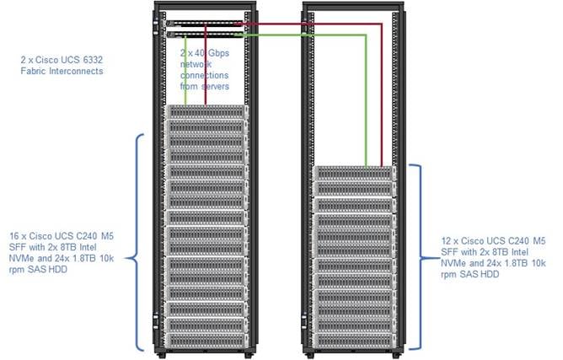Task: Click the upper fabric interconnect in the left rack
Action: (206, 23)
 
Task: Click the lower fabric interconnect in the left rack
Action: (206, 35)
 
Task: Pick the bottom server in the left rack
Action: (206, 337)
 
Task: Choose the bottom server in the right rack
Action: (355, 336)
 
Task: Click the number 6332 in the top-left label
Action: (94, 61)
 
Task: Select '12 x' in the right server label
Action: (448, 240)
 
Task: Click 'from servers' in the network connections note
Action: (210, 86)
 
